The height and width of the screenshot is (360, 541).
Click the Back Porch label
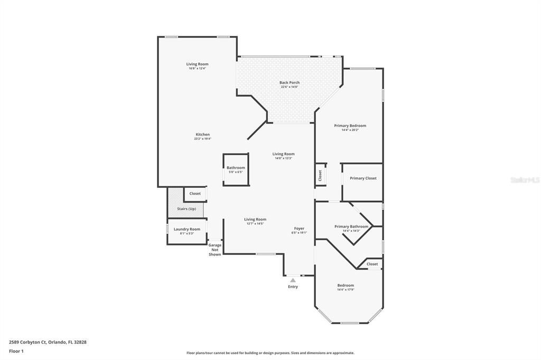click(289, 82)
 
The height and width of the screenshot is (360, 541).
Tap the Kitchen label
click(202, 135)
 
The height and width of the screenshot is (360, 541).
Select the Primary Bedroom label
click(350, 126)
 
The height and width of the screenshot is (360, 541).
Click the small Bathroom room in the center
click(236, 169)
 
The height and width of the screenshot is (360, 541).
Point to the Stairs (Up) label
click(185, 209)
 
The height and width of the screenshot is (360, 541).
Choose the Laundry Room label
click(187, 229)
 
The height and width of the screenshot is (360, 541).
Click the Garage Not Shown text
click(214, 250)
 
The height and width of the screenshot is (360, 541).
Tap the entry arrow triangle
click(293, 280)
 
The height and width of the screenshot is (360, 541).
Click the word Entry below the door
click(293, 287)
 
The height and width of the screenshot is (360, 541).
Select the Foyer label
click(299, 229)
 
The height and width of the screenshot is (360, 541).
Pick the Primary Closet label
click(363, 178)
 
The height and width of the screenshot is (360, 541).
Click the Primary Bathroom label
click(351, 226)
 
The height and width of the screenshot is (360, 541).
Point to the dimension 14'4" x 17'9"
click(346, 289)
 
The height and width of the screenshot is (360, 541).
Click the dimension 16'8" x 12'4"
click(197, 68)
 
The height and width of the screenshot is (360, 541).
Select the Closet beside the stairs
click(195, 194)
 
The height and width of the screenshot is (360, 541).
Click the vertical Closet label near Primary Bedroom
click(320, 175)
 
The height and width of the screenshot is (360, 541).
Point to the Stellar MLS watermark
click(525, 180)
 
